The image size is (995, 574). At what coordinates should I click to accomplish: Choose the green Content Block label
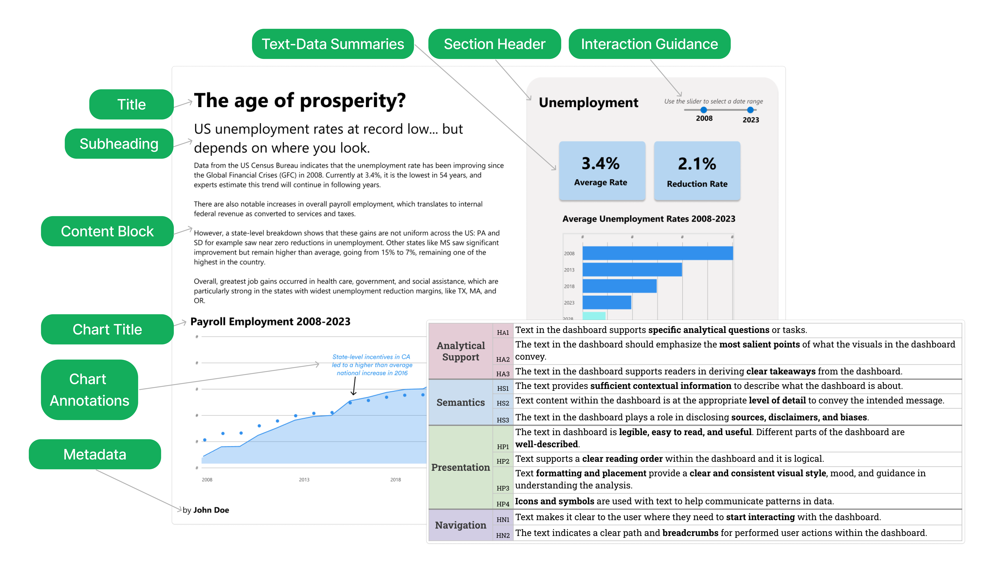(x=107, y=231)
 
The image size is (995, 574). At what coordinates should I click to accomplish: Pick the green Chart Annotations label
(x=89, y=389)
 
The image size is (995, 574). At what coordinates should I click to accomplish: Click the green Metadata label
(x=95, y=454)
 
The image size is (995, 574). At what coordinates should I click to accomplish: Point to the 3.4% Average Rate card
(x=602, y=171)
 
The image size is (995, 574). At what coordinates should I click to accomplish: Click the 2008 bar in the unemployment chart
(x=657, y=253)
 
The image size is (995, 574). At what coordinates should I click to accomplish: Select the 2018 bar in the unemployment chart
(x=619, y=286)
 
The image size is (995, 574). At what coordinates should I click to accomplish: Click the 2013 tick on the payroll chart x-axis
(x=304, y=479)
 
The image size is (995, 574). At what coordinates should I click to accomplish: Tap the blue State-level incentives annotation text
(x=372, y=365)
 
